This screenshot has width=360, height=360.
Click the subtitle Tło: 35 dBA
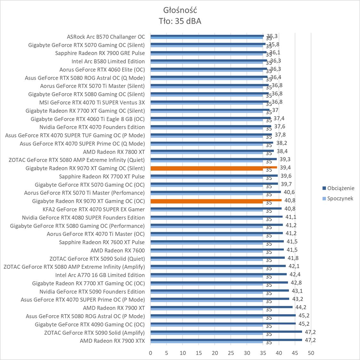click(x=180, y=21)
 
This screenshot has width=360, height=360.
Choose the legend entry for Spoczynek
click(x=340, y=198)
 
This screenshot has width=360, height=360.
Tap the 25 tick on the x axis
click(x=231, y=353)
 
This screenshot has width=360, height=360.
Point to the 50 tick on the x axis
click(x=311, y=353)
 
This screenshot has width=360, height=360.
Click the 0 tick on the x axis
click(x=150, y=353)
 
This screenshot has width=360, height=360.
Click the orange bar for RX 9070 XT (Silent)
click(x=213, y=167)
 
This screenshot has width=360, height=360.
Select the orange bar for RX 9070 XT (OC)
click(x=216, y=200)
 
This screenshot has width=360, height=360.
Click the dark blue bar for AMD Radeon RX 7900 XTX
click(x=226, y=340)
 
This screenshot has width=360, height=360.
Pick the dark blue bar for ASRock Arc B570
click(x=207, y=36)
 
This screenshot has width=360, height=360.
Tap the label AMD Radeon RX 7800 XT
click(x=114, y=152)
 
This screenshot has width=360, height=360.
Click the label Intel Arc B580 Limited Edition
click(x=108, y=61)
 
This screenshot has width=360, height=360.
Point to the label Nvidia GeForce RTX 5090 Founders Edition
click(x=92, y=292)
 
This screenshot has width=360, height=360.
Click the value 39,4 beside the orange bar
click(x=285, y=168)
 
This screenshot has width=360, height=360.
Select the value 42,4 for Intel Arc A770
click(x=295, y=274)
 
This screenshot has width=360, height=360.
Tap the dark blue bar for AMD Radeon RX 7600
click(x=217, y=249)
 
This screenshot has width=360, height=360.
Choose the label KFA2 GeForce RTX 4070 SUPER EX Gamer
click(x=93, y=209)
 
